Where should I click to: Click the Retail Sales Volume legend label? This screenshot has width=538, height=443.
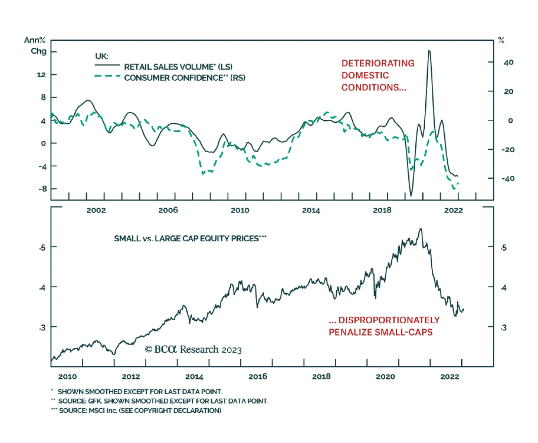click(178, 67)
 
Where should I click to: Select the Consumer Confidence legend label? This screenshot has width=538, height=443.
click(185, 78)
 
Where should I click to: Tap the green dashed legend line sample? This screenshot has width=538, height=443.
click(107, 76)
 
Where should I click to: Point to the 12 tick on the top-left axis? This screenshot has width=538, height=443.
click(41, 75)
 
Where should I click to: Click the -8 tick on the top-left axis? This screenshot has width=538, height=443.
click(42, 189)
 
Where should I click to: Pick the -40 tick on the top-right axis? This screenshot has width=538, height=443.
click(508, 178)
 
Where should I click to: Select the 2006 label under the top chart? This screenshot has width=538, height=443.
click(168, 210)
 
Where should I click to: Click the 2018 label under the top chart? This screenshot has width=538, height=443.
click(382, 210)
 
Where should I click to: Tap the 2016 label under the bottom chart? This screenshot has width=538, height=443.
click(258, 376)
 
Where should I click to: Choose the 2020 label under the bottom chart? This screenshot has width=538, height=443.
click(385, 376)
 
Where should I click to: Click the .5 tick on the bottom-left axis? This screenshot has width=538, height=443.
click(42, 248)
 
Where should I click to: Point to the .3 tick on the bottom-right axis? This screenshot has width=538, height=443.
click(503, 328)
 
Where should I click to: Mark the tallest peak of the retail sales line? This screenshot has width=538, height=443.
click(429, 51)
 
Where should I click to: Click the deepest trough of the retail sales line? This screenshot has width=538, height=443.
click(411, 196)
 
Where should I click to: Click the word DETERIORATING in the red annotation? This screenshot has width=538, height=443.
click(378, 63)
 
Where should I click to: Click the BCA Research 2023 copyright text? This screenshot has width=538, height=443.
click(193, 350)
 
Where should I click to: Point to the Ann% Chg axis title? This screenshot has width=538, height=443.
click(35, 46)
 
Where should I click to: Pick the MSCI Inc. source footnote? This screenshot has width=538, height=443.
click(140, 410)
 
